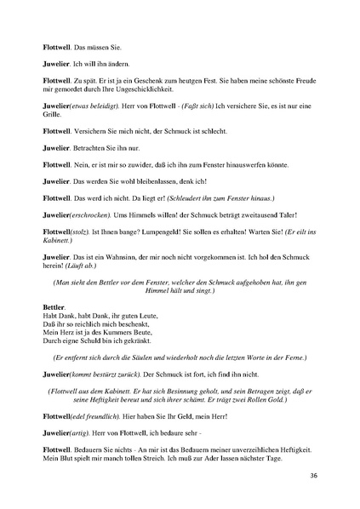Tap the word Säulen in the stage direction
pos(161,357)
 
